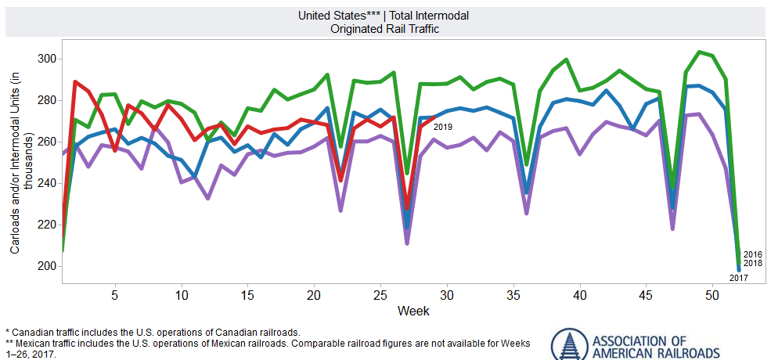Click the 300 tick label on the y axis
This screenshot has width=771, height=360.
(46, 59)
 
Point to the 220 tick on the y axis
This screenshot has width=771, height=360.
(46, 225)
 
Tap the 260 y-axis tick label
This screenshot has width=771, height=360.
(46, 142)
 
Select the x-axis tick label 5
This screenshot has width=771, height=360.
(115, 296)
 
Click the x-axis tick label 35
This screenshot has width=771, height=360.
(513, 296)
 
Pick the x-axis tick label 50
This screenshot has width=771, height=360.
(712, 296)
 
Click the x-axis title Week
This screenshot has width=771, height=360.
(413, 311)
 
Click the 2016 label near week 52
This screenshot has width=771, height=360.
(753, 254)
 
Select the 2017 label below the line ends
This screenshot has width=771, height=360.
(739, 278)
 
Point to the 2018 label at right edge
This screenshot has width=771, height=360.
(753, 263)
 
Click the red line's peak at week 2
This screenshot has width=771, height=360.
(75, 81)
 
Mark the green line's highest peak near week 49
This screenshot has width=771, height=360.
(699, 52)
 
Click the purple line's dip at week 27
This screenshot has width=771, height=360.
(407, 243)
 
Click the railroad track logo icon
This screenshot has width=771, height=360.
(567, 345)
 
